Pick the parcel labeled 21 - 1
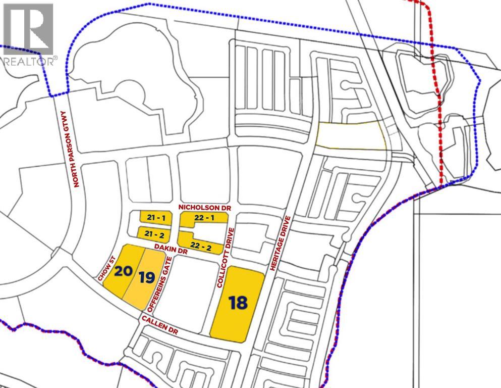[x=155, y=217]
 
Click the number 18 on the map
[x=238, y=303]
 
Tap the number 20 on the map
[x=123, y=271]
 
